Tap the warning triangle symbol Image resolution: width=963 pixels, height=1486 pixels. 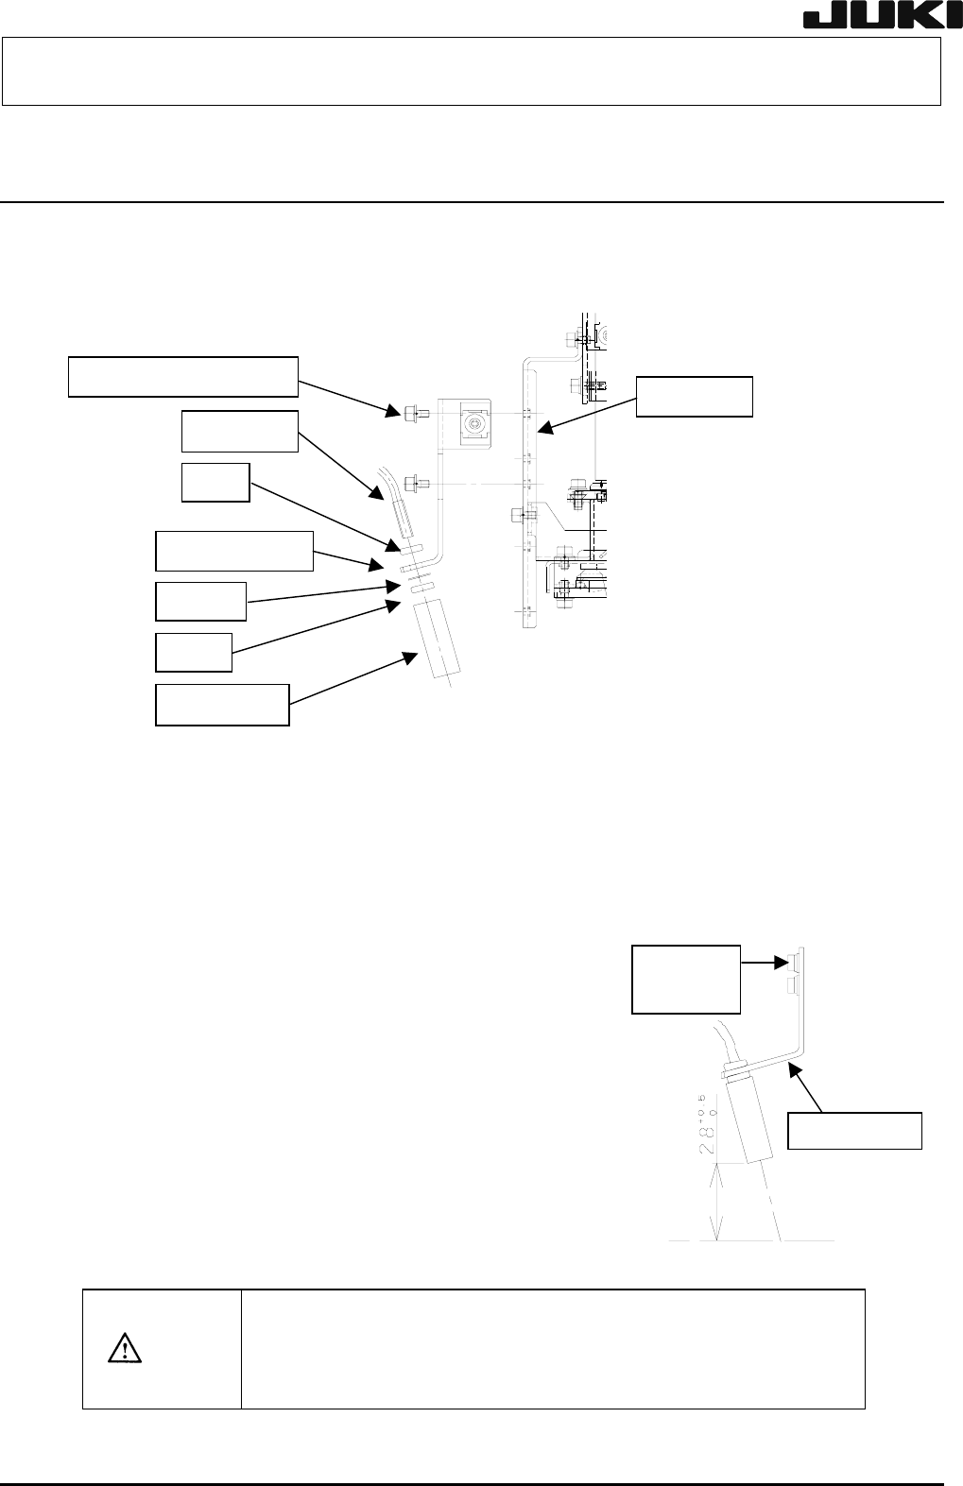126,1348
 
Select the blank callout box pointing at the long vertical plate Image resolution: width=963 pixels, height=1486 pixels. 694,397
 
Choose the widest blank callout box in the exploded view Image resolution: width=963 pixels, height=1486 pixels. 183,377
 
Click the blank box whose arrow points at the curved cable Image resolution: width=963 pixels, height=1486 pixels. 239,432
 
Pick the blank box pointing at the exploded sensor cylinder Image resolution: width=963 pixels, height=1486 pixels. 221,705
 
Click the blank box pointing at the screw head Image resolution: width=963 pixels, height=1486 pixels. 685,979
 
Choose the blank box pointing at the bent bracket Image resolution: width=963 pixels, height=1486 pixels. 854,1131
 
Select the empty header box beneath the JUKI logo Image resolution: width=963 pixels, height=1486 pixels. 472,72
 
